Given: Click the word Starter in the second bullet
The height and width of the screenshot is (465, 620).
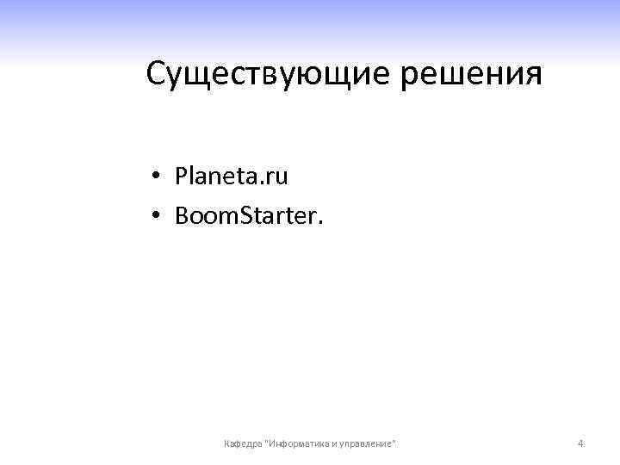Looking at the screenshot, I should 277,215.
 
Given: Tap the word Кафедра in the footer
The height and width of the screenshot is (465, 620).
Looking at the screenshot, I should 244,443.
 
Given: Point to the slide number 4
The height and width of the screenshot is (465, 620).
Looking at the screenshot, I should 580,443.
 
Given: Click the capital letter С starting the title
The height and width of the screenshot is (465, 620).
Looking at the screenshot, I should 156,74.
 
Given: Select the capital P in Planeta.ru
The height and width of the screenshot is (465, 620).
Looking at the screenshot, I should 181,177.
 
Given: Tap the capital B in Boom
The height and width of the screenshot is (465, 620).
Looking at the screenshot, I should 181,215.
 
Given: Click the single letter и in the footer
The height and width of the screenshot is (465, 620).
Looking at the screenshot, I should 335,443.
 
